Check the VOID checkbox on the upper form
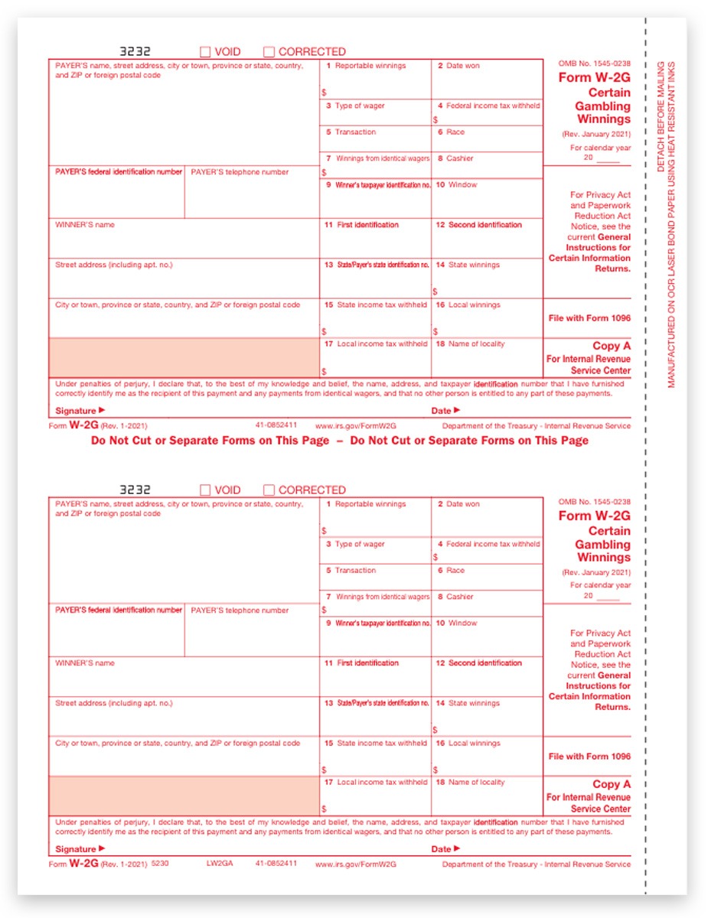(205, 52)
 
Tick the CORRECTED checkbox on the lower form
(269, 490)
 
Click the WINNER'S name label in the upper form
(84, 225)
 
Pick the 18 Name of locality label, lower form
(470, 782)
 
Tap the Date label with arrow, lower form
(445, 849)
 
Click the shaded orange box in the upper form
(184, 357)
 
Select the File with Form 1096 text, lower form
(589, 757)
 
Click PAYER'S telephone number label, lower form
(240, 610)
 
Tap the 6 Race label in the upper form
(451, 132)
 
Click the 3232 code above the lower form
(135, 490)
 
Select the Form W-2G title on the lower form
(594, 516)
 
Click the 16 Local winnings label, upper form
(468, 305)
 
